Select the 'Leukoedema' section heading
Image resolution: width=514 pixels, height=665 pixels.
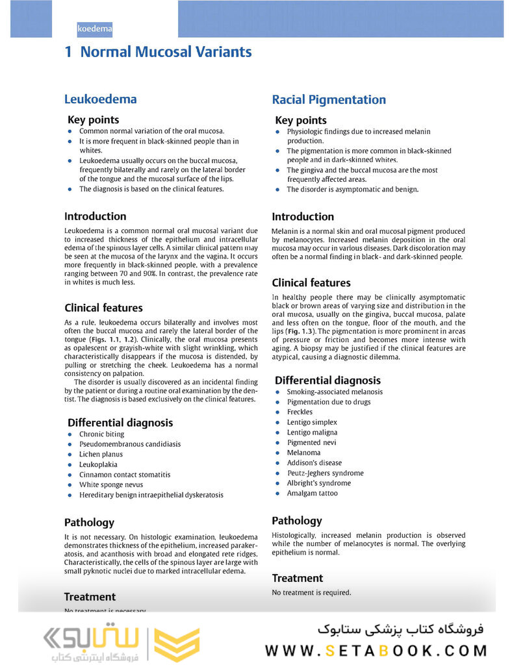(x=100, y=99)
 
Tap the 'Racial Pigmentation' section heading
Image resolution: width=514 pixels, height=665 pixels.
(x=328, y=99)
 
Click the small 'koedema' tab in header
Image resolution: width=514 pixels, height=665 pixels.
(x=95, y=29)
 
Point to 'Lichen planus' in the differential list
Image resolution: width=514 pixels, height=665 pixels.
(x=101, y=455)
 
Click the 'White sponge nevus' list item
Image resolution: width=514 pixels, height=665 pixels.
(x=111, y=484)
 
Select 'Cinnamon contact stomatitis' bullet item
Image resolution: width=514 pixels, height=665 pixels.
(x=125, y=475)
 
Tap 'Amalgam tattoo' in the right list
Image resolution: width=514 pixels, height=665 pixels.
(x=312, y=493)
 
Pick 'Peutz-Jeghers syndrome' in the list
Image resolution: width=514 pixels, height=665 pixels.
(x=325, y=473)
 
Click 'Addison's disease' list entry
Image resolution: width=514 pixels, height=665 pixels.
(x=314, y=463)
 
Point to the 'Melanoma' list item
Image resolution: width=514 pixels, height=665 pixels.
(x=303, y=453)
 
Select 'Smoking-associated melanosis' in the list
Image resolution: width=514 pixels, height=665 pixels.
(x=335, y=392)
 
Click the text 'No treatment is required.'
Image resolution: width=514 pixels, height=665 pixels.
(x=311, y=592)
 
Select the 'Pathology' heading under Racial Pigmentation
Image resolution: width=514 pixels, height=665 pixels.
(x=296, y=520)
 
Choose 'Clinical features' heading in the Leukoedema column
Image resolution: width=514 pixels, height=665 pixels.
(x=103, y=308)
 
